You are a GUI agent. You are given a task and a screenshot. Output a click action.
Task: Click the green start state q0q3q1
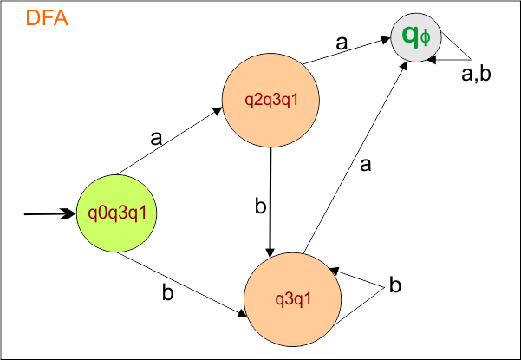point(118,212)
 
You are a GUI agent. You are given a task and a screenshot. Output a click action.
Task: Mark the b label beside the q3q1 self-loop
point(394,285)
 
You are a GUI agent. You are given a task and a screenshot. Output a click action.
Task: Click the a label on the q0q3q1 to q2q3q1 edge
point(156,137)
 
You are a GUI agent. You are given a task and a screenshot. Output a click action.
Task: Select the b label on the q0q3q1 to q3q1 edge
point(167,292)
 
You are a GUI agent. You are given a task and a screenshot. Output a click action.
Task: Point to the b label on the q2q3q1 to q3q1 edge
point(258,206)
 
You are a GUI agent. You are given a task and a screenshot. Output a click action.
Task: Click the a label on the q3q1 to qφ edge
point(365,166)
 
